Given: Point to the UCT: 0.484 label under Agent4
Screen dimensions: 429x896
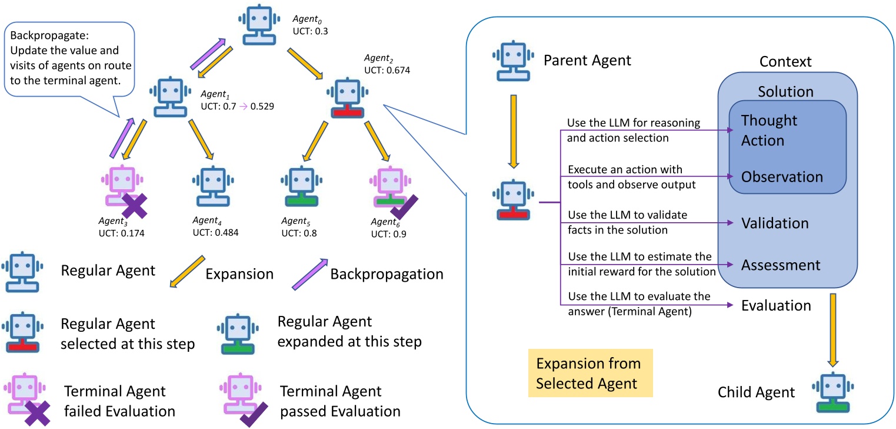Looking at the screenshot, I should click(x=215, y=232).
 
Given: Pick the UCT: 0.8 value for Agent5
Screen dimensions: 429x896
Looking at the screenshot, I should click(x=299, y=233).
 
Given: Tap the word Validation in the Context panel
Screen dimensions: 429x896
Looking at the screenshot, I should click(x=775, y=223).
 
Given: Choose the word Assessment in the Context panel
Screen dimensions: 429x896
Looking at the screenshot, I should click(x=780, y=265).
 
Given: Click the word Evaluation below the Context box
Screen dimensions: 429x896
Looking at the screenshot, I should click(x=776, y=305).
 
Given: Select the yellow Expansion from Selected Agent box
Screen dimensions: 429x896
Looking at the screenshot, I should click(x=591, y=372).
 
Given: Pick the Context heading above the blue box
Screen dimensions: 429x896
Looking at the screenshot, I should click(x=785, y=61).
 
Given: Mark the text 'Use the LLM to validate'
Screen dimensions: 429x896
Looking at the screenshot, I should click(x=627, y=214).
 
